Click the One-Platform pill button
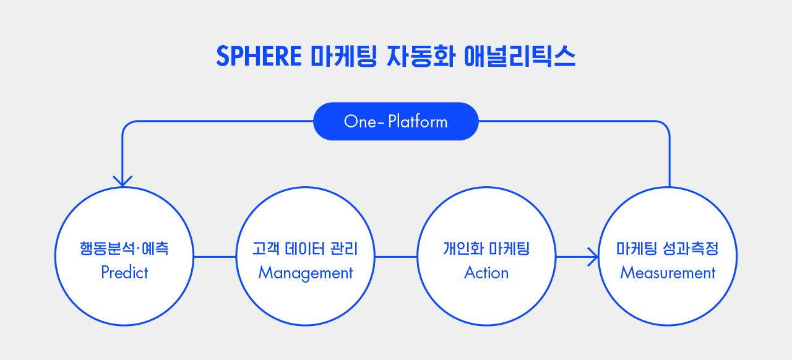coord(396,121)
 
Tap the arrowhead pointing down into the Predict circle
coord(123,181)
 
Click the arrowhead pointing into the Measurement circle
coord(593,256)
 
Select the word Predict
coord(124,273)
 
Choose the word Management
coord(306,273)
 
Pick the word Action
coord(486,273)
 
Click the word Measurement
coord(668,273)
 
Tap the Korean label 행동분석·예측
coord(124,249)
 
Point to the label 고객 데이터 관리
coord(306,249)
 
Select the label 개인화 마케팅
coord(486,249)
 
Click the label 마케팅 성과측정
coord(668,249)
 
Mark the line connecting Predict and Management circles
coord(215,256)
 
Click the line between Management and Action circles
coord(396,256)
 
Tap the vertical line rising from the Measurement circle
coord(669,161)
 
